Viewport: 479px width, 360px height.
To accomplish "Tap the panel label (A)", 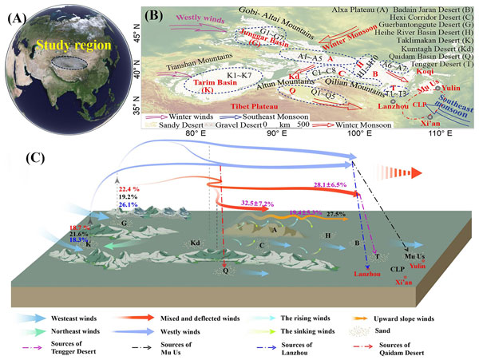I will tap(17, 17).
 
